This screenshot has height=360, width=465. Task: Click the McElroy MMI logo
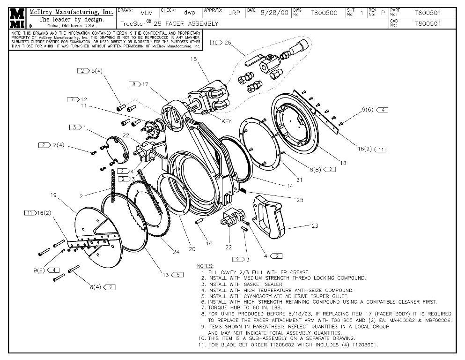pos(18,18)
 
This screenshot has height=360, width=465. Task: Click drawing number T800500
pos(324,13)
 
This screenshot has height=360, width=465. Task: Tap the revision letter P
pos(383,13)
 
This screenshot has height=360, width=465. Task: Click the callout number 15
pos(194,60)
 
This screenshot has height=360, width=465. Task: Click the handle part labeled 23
pos(269,219)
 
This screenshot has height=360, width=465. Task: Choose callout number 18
pos(343,163)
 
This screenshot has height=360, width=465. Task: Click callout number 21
pos(299,180)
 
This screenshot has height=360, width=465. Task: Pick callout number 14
pos(289,186)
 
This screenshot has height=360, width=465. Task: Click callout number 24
pos(176,252)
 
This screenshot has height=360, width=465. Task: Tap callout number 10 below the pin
pos(209,243)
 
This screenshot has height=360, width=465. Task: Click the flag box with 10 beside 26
pos(216,43)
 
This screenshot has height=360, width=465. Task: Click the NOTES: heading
pos(206,266)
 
